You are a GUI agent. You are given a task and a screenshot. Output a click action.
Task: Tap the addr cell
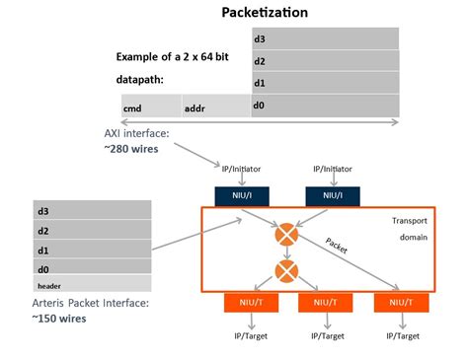pyautogui.click(x=216, y=106)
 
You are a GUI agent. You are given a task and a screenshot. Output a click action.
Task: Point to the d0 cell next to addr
pyautogui.click(x=325, y=105)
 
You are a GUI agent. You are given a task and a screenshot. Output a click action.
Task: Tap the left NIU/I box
pyautogui.click(x=234, y=195)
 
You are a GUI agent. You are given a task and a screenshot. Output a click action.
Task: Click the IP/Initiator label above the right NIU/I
pyautogui.click(x=333, y=169)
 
